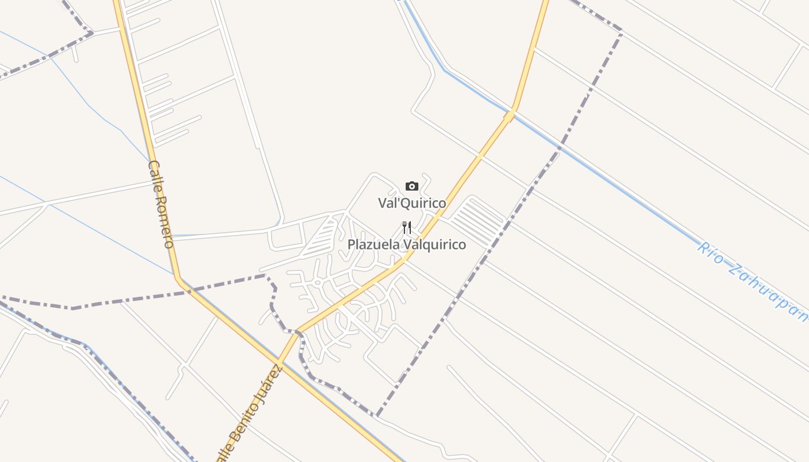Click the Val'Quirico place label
click(x=412, y=203)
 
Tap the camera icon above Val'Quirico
click(x=411, y=186)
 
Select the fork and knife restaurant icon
click(x=407, y=227)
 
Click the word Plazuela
click(x=373, y=245)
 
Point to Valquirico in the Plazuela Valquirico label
click(x=435, y=245)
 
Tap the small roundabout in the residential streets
click(x=317, y=282)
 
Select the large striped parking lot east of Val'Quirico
click(x=477, y=221)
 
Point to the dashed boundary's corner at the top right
click(x=621, y=32)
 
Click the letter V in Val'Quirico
click(x=383, y=203)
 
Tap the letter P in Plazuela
click(x=351, y=245)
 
